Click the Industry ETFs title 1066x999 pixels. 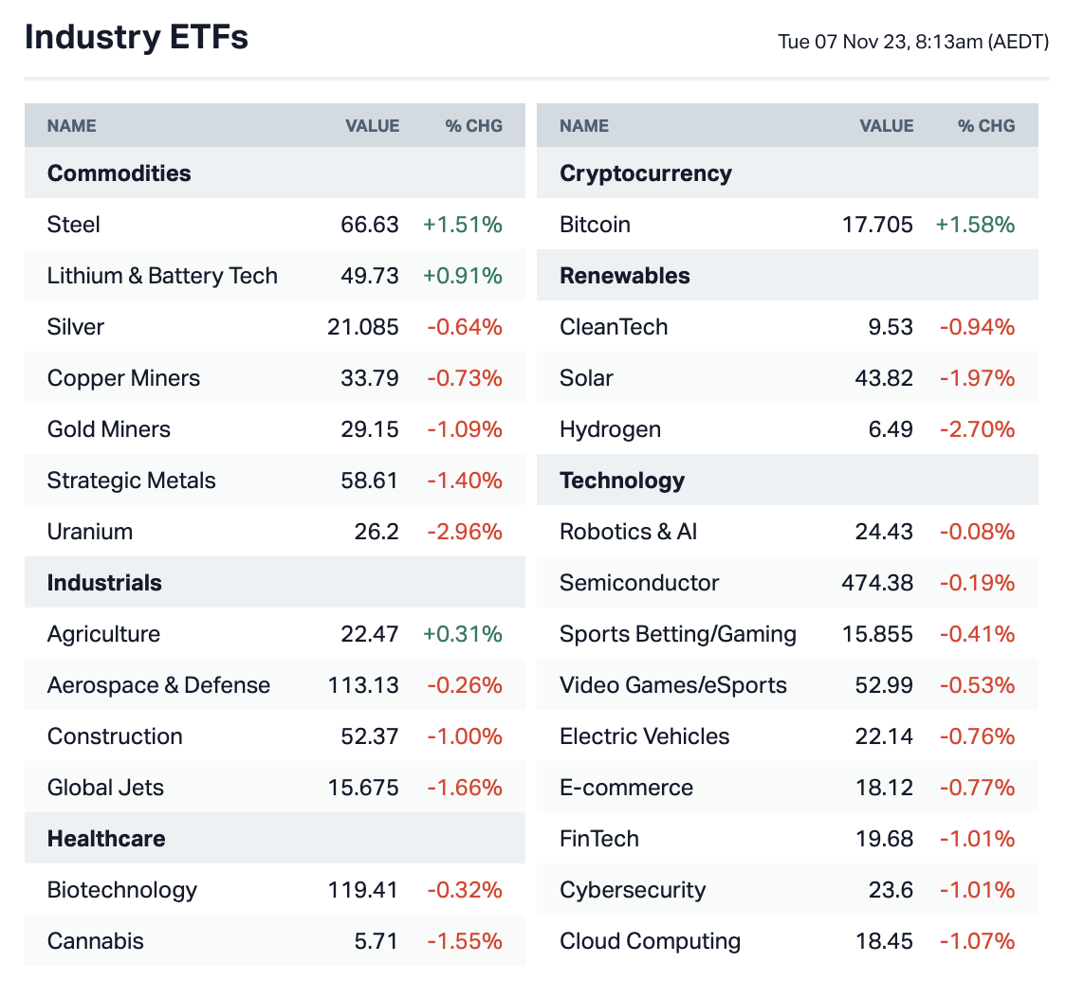click(137, 37)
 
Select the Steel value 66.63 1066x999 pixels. click(370, 225)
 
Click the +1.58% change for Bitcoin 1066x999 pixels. click(975, 225)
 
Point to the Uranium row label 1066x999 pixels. click(90, 532)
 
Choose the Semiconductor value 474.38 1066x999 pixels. click(877, 583)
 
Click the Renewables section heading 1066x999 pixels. click(625, 276)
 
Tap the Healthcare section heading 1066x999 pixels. click(106, 839)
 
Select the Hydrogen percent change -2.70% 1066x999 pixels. click(977, 429)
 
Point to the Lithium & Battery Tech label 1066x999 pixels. click(162, 276)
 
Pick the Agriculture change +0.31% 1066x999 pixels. click(463, 634)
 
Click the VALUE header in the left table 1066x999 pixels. click(372, 126)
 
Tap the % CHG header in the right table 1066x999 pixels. click(986, 126)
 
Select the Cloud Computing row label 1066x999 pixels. click(650, 941)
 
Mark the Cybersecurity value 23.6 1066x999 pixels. click(891, 890)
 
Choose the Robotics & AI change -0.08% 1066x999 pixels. click(977, 532)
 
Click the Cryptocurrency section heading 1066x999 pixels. click(646, 173)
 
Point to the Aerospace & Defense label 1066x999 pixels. click(158, 685)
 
